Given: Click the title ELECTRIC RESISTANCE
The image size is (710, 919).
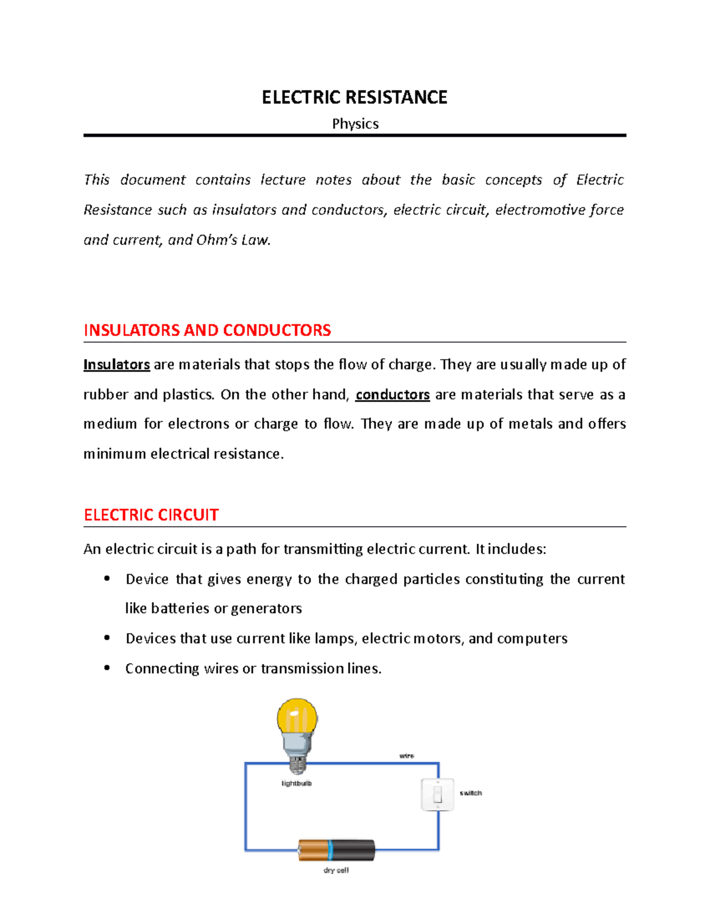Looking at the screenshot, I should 354,98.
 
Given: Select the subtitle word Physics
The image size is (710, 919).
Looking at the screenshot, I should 355,124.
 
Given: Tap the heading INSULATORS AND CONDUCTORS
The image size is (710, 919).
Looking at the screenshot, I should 207,330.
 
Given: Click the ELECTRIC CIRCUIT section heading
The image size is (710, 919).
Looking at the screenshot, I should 151,515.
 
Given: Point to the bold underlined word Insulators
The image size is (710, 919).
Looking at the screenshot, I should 117,365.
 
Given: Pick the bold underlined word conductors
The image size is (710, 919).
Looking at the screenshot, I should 392,395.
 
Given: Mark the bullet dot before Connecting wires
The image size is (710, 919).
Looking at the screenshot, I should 107,668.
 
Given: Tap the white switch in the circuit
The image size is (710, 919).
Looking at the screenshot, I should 437,794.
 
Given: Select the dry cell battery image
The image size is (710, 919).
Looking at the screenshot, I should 336,850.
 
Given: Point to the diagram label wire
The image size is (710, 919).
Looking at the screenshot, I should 406,756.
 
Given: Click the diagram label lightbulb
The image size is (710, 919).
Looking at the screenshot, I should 296,783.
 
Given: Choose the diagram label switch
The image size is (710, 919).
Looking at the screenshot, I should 471,793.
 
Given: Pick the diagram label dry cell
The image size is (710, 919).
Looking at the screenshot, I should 336,870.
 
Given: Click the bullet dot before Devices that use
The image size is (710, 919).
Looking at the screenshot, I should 107,638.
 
